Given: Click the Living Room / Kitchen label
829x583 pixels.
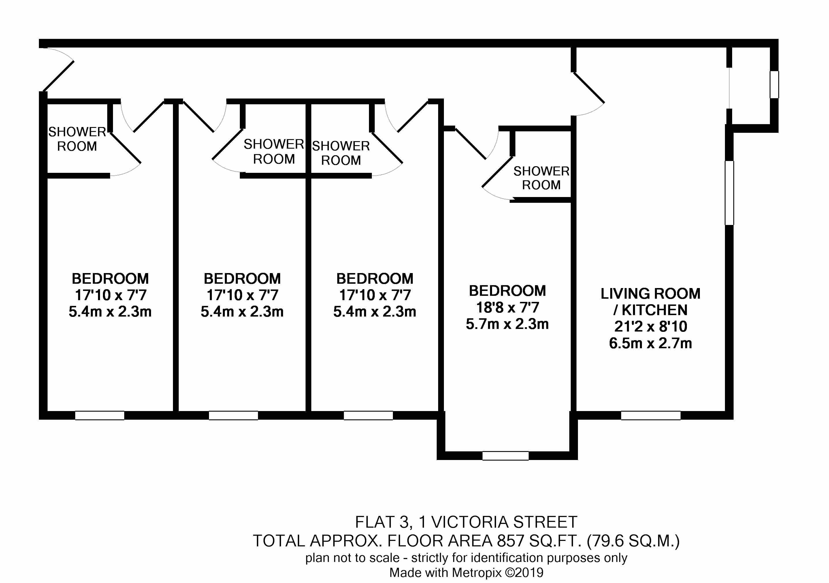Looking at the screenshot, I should pos(650,302).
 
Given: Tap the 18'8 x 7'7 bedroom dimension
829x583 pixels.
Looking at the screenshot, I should pos(507,307).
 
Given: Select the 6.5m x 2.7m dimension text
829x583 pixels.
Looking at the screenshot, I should pos(650,343).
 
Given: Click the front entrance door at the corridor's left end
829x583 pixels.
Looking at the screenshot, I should pos(58,76).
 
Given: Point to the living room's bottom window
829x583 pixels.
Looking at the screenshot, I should pos(651,415).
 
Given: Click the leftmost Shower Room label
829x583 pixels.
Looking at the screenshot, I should pos(77,139).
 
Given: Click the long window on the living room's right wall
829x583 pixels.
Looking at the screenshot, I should pos(729,193).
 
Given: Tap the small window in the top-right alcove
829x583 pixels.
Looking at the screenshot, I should pos(774,85).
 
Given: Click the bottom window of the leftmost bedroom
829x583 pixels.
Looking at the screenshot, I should pos(100,415).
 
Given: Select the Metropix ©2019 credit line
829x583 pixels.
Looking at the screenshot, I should pos(466,573).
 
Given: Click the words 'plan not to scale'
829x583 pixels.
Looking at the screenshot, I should pos(352,558).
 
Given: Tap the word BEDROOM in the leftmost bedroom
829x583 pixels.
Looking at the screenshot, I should pos(110,279).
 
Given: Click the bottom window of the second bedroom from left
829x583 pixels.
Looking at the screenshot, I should pos(233,415).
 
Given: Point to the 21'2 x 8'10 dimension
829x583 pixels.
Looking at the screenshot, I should pos(650,326).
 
